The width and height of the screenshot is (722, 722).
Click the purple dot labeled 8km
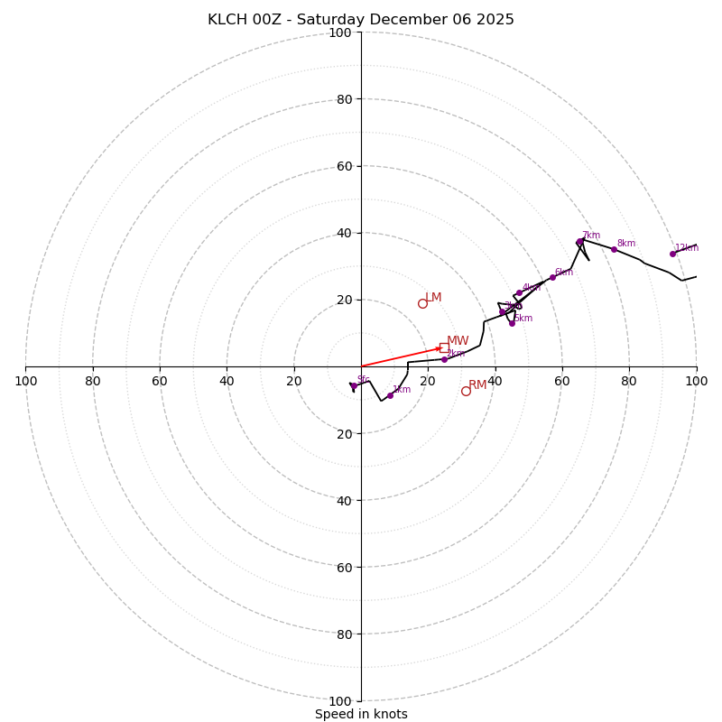tap(614, 249)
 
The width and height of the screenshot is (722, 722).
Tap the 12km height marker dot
tap(672, 254)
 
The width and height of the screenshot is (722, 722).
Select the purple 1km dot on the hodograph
tap(390, 395)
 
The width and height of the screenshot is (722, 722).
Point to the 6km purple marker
tap(552, 277)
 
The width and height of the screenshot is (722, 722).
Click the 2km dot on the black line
tap(444, 359)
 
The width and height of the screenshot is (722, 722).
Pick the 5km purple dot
tap(512, 323)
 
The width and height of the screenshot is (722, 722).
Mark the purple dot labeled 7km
tap(579, 242)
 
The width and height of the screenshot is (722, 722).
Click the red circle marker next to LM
tap(422, 303)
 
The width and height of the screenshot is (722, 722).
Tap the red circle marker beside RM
tap(466, 391)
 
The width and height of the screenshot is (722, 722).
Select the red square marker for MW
tap(444, 347)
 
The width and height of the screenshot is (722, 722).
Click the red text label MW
tap(458, 341)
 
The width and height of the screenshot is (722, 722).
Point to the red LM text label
tap(433, 298)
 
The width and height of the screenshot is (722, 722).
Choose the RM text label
tap(477, 385)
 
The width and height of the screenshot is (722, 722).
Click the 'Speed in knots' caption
tap(361, 714)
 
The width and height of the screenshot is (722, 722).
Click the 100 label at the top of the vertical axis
tap(340, 32)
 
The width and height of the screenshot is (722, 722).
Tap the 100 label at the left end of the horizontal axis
tap(25, 381)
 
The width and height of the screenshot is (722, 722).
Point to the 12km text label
tap(687, 247)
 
